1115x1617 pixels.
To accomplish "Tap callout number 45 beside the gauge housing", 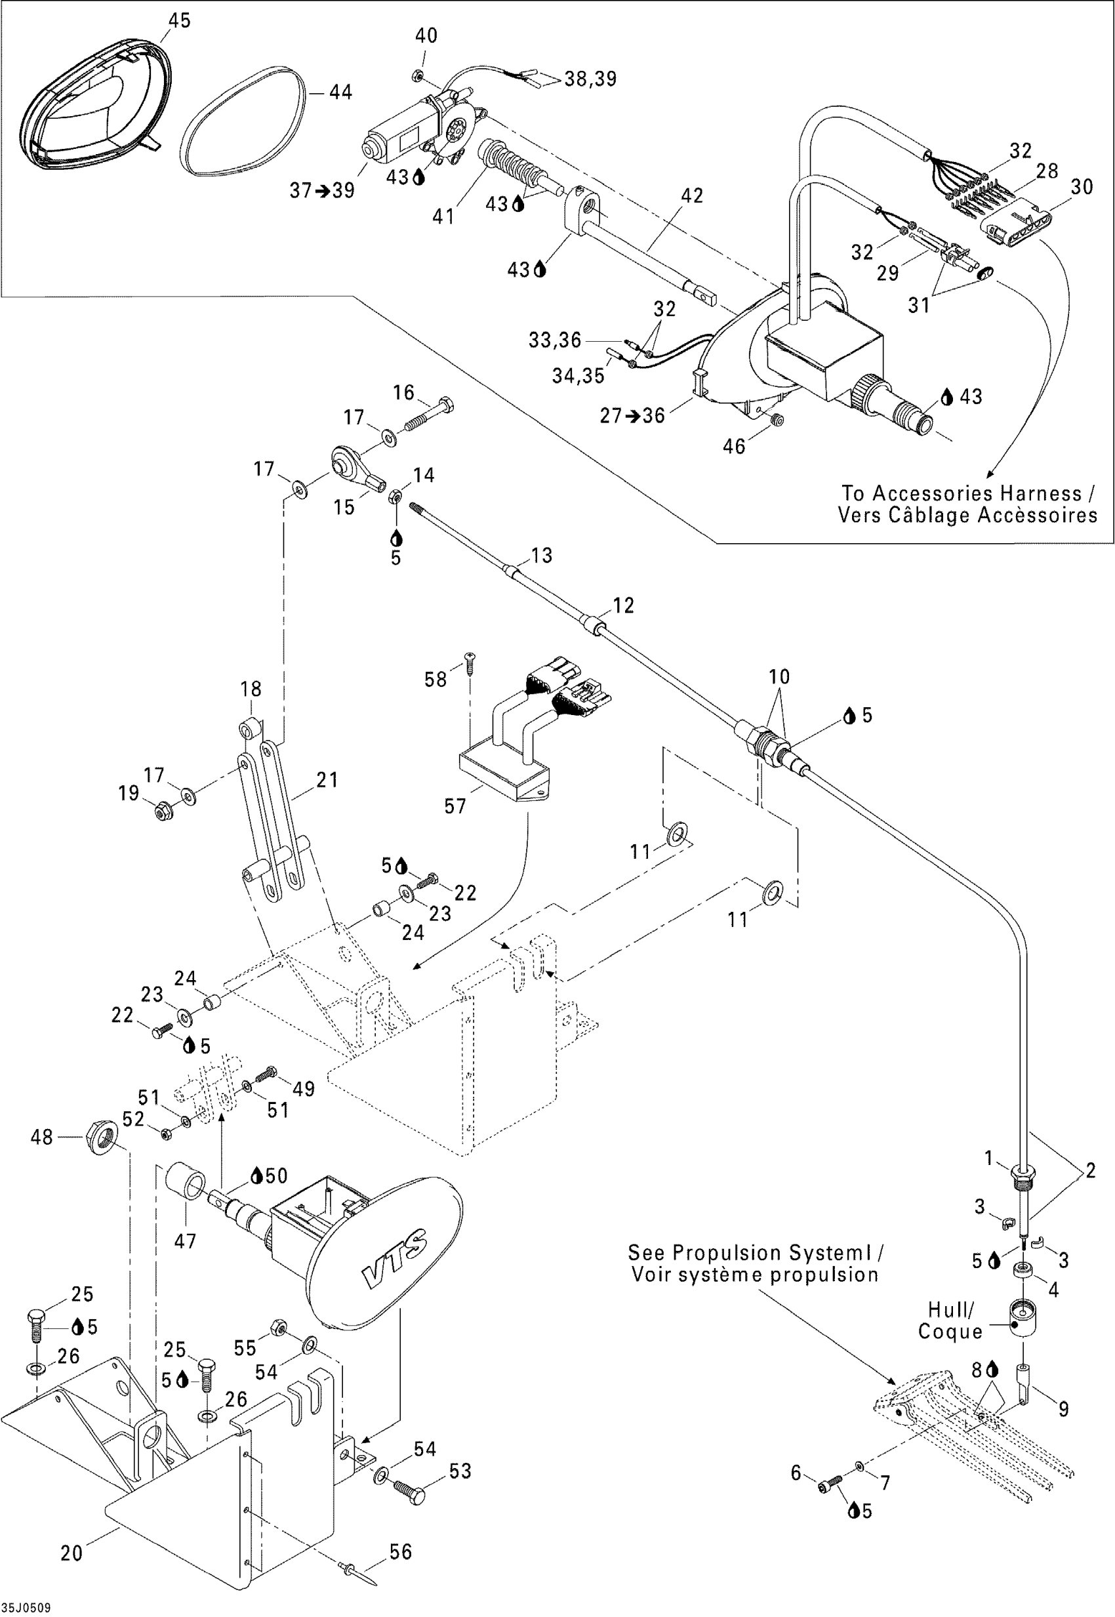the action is coord(179,20).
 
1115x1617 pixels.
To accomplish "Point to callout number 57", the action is coord(455,806).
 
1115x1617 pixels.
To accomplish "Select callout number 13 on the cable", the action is coord(542,556).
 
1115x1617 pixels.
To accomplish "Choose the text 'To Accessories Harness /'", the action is coord(967,493).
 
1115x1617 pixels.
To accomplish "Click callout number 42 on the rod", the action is coord(692,195).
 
